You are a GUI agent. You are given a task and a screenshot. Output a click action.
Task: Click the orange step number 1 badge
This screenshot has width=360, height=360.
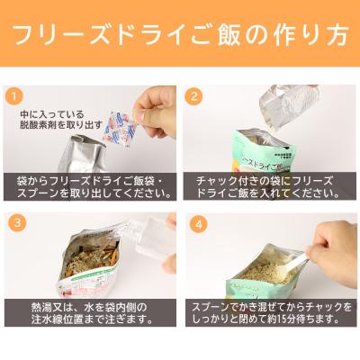[14, 94]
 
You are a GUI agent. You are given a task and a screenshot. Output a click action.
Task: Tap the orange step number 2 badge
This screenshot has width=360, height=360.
[193, 94]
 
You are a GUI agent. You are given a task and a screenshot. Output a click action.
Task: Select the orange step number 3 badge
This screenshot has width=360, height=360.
[14, 220]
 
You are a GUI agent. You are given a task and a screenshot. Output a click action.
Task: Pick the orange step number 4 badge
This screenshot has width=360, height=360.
[193, 220]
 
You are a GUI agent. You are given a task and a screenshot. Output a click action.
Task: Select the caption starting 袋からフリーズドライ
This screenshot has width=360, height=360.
[90, 187]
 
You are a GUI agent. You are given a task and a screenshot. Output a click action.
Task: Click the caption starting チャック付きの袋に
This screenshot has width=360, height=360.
[268, 187]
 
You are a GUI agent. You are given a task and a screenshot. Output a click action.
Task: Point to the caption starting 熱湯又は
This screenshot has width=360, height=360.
[90, 313]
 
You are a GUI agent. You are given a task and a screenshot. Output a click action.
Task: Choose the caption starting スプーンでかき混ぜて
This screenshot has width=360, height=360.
[268, 313]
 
